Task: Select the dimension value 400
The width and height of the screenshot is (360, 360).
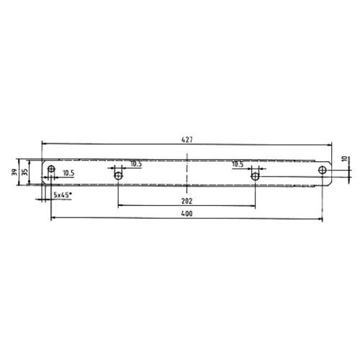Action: point(186,214)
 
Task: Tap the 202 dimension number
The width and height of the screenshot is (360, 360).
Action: point(186,200)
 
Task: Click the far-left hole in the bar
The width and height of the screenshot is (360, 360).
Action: point(50,170)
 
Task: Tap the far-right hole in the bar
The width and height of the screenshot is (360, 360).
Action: point(323,170)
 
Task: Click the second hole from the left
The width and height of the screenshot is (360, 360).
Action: point(119,175)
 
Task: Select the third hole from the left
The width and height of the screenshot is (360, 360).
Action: point(254,175)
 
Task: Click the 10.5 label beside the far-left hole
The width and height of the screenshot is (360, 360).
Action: point(69,174)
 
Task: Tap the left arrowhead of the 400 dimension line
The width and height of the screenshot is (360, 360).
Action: point(52,219)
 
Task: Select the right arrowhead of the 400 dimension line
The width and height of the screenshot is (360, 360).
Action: point(321,219)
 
